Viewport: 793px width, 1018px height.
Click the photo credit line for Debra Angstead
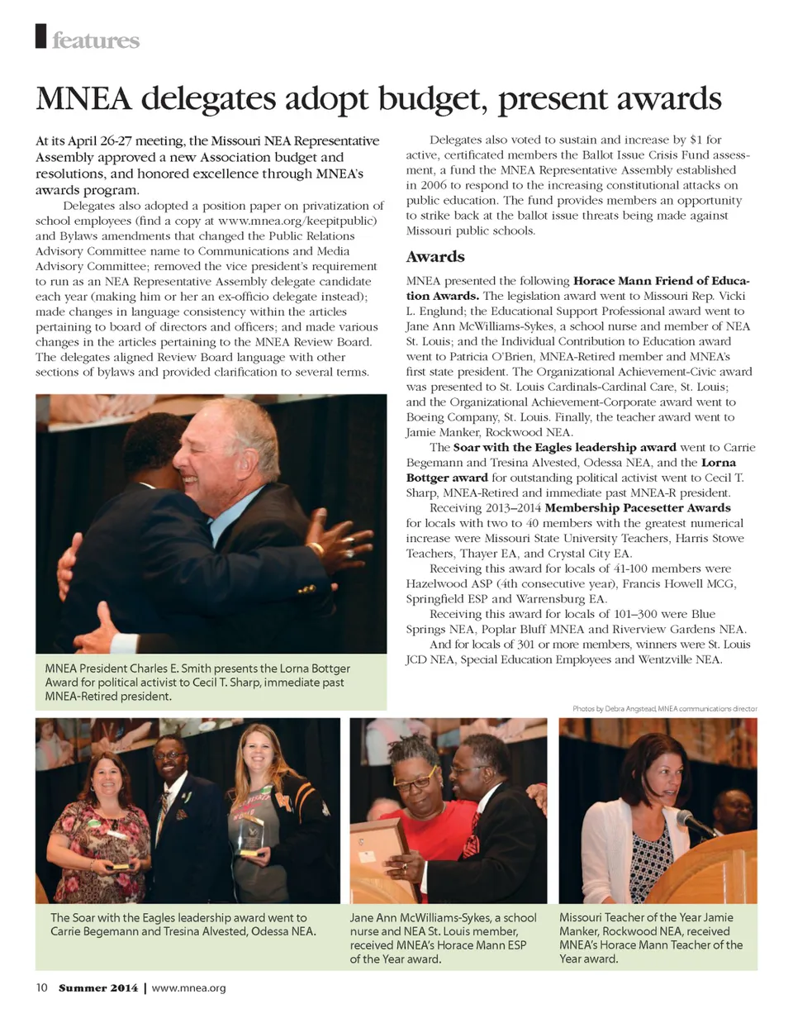[664, 709]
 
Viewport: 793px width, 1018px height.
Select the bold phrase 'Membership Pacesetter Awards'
[638, 507]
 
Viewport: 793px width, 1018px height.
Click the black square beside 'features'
[40, 37]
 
